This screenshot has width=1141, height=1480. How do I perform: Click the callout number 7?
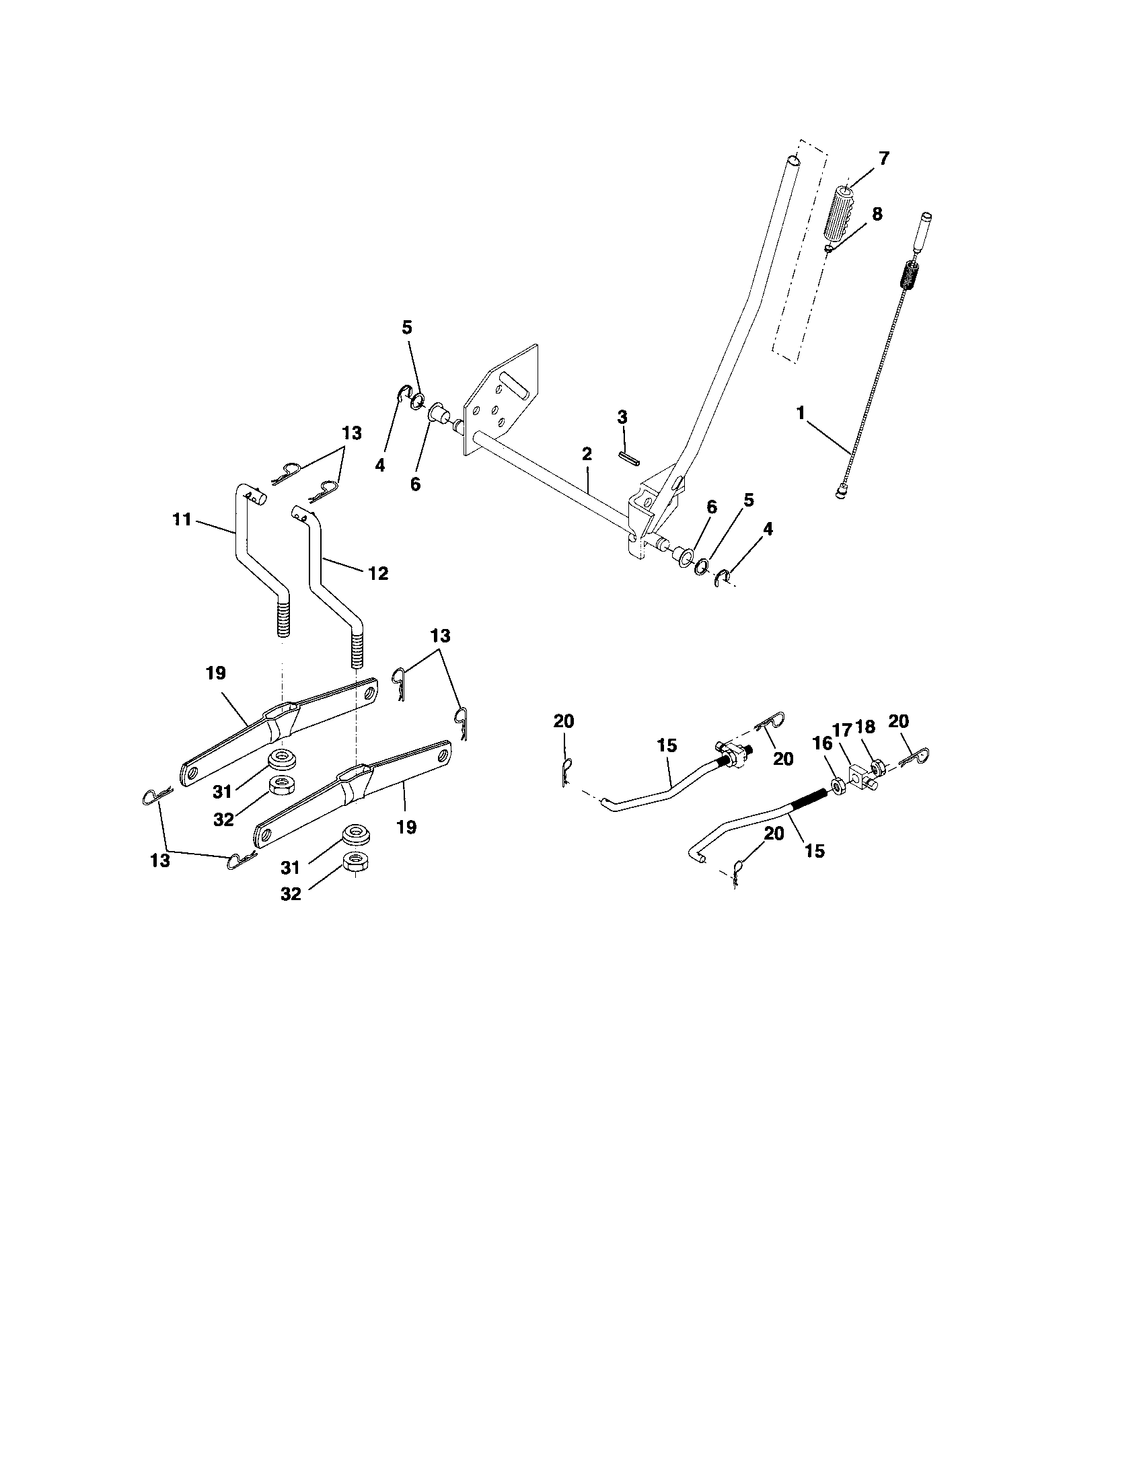click(884, 159)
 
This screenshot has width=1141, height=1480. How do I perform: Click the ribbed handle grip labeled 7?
click(840, 211)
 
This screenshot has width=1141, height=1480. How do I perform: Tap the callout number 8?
click(877, 214)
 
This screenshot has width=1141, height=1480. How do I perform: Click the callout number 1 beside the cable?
click(801, 412)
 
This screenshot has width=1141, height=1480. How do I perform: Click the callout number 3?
click(623, 415)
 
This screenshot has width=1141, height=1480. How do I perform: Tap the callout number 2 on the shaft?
click(587, 453)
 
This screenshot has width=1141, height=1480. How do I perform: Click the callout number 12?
click(378, 573)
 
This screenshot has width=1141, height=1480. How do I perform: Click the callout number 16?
click(821, 743)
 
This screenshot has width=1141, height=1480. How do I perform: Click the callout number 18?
click(865, 727)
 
